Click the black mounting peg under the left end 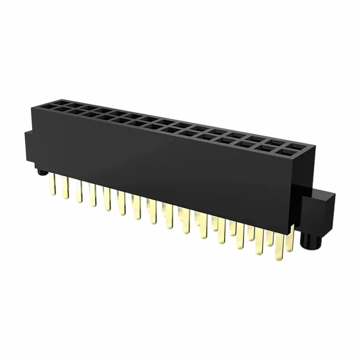coord(42,172)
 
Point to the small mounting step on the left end coord(27,144)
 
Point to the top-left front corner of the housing coord(33,106)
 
